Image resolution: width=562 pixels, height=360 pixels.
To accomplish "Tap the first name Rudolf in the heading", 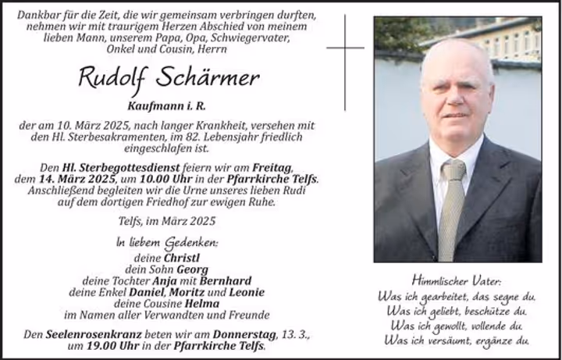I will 114,77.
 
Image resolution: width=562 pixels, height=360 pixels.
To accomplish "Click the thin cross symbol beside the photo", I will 345,47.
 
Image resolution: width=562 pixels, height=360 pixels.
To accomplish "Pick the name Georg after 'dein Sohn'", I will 195,269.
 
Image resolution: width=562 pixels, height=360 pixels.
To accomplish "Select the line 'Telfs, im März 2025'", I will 168,222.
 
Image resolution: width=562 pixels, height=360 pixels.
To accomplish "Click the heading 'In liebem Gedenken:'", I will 167,242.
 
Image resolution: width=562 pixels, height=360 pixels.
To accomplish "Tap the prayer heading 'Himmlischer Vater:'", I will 457,280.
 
